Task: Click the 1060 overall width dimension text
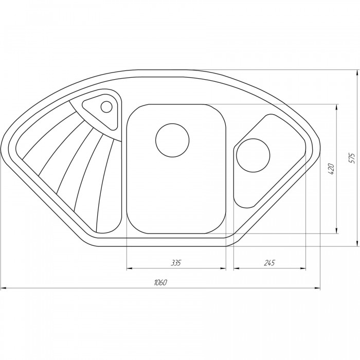click(x=160, y=282)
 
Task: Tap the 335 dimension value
click(x=176, y=263)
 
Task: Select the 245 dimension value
click(x=269, y=263)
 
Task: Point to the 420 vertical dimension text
click(x=331, y=169)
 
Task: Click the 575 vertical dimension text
click(x=351, y=158)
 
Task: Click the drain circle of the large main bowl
click(x=172, y=140)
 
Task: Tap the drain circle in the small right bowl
click(x=253, y=155)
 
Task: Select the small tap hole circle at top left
click(x=106, y=107)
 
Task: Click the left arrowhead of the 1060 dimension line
click(x=4, y=288)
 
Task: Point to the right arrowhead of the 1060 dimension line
click(x=317, y=288)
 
